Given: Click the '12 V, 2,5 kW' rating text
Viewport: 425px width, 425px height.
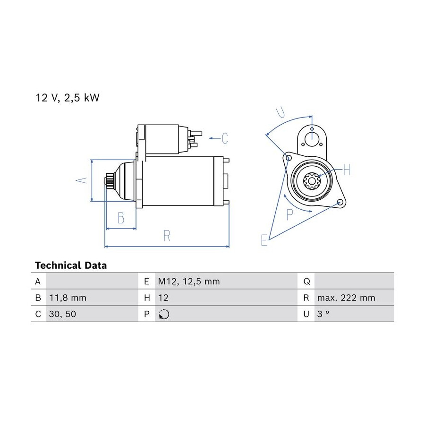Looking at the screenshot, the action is tap(68, 98).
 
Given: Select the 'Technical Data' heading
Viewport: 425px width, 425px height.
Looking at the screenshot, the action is tap(71, 265).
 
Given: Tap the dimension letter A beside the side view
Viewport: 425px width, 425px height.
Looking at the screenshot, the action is tap(81, 180).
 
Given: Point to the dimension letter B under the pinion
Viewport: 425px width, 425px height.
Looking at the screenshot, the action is tap(121, 218).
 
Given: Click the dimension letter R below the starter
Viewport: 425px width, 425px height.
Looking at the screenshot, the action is tap(167, 236).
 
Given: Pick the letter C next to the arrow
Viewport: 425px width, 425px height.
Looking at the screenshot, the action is tap(225, 138).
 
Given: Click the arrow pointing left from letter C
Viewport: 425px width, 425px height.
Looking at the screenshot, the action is tap(215, 138).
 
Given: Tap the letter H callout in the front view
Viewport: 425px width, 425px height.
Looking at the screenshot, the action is tap(347, 170).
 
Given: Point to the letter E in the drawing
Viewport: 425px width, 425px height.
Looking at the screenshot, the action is tap(264, 240).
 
